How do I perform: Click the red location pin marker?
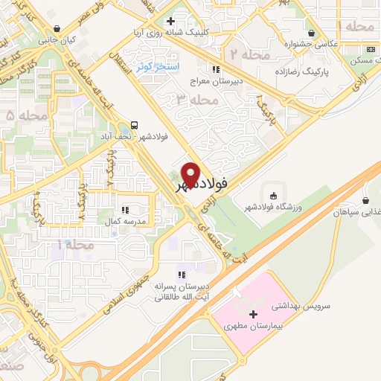191,175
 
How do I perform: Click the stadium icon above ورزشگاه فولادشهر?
273,196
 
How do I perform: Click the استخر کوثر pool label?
153,67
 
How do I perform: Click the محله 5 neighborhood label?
21,115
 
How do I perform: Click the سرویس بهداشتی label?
276,306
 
